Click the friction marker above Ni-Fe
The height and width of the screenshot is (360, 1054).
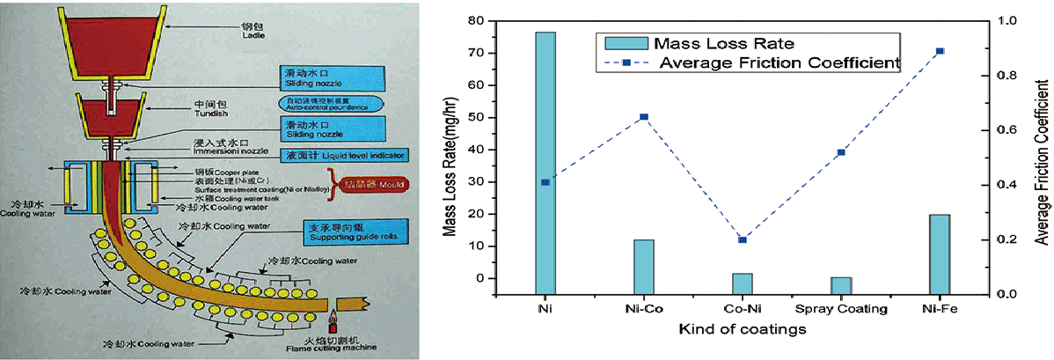(941, 51)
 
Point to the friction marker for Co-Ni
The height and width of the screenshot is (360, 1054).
(742, 239)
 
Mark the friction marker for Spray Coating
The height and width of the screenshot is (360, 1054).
(841, 152)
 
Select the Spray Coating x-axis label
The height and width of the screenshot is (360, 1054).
(841, 310)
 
